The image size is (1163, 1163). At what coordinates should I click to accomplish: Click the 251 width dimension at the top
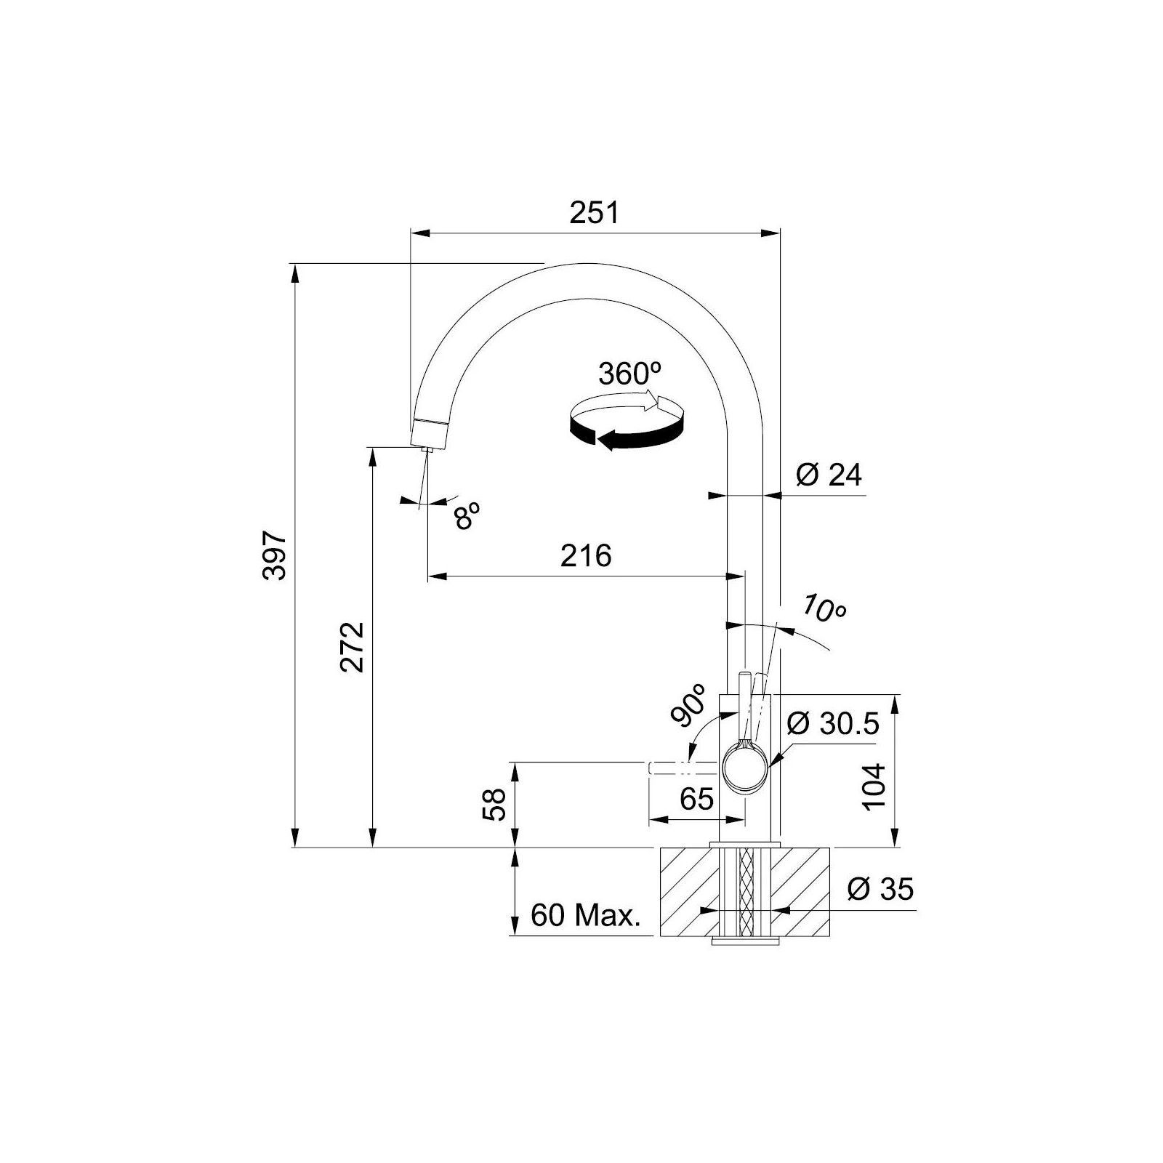pyautogui.click(x=594, y=213)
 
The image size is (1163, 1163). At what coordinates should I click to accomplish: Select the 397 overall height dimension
pyautogui.click(x=275, y=556)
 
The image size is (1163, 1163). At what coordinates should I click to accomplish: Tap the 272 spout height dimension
pyautogui.click(x=353, y=647)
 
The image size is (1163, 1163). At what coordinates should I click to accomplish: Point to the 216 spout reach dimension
pyautogui.click(x=586, y=556)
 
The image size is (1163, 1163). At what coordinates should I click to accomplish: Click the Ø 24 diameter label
pyautogui.click(x=829, y=475)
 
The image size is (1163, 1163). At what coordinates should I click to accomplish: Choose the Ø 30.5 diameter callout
pyautogui.click(x=834, y=724)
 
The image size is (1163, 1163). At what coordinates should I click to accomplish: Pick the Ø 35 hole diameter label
pyautogui.click(x=880, y=888)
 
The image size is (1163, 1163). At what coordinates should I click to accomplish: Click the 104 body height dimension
pyautogui.click(x=874, y=786)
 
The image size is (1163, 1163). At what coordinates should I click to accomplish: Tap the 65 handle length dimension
pyautogui.click(x=696, y=800)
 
